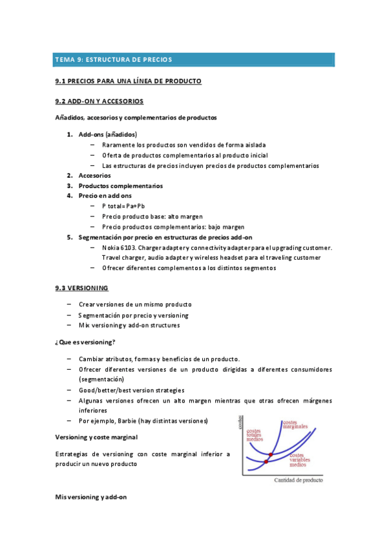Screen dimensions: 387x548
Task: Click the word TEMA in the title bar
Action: point(65,59)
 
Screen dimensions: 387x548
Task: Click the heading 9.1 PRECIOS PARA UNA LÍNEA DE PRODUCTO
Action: point(129,81)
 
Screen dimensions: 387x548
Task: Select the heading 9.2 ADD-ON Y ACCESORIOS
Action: point(99,101)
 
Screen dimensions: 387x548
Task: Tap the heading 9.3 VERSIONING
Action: point(82,287)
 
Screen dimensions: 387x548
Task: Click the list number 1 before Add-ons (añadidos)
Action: point(70,134)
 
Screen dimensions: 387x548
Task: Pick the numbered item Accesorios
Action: point(94,175)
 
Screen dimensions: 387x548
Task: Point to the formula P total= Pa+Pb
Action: point(123,205)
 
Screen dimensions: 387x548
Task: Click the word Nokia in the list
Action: point(110,248)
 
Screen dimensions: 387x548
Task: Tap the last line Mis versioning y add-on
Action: point(91,497)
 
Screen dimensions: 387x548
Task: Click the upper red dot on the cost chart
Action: point(270,455)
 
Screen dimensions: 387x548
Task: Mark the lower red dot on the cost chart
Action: point(266,461)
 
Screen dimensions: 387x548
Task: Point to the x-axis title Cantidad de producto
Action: point(298,480)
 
